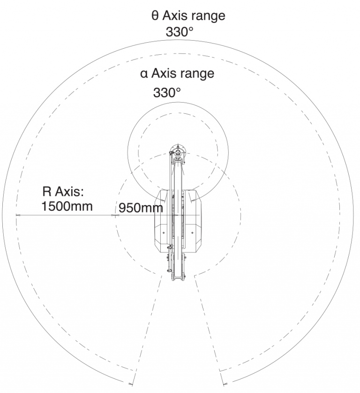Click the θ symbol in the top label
[x=155, y=15]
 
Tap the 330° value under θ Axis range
[x=180, y=32]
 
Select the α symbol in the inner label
[x=144, y=74]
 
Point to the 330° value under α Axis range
[x=167, y=92]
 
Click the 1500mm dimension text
[x=67, y=207]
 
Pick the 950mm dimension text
[x=141, y=208]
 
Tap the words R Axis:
[x=63, y=192]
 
